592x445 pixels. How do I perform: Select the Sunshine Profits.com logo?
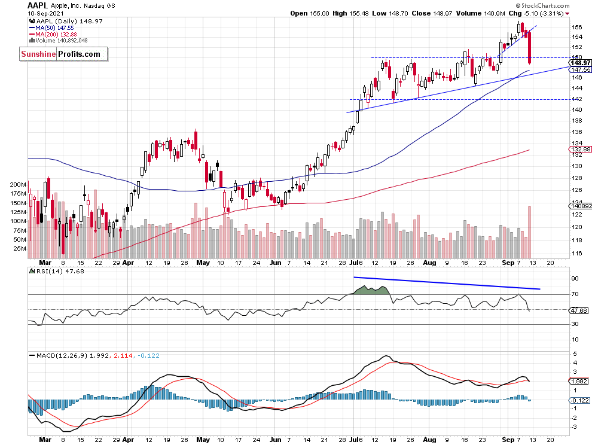62,54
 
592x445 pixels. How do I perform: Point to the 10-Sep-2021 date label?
43,13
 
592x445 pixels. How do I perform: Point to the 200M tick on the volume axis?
19,185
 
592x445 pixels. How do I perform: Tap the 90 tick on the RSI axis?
574,279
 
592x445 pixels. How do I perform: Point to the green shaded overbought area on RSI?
372,290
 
